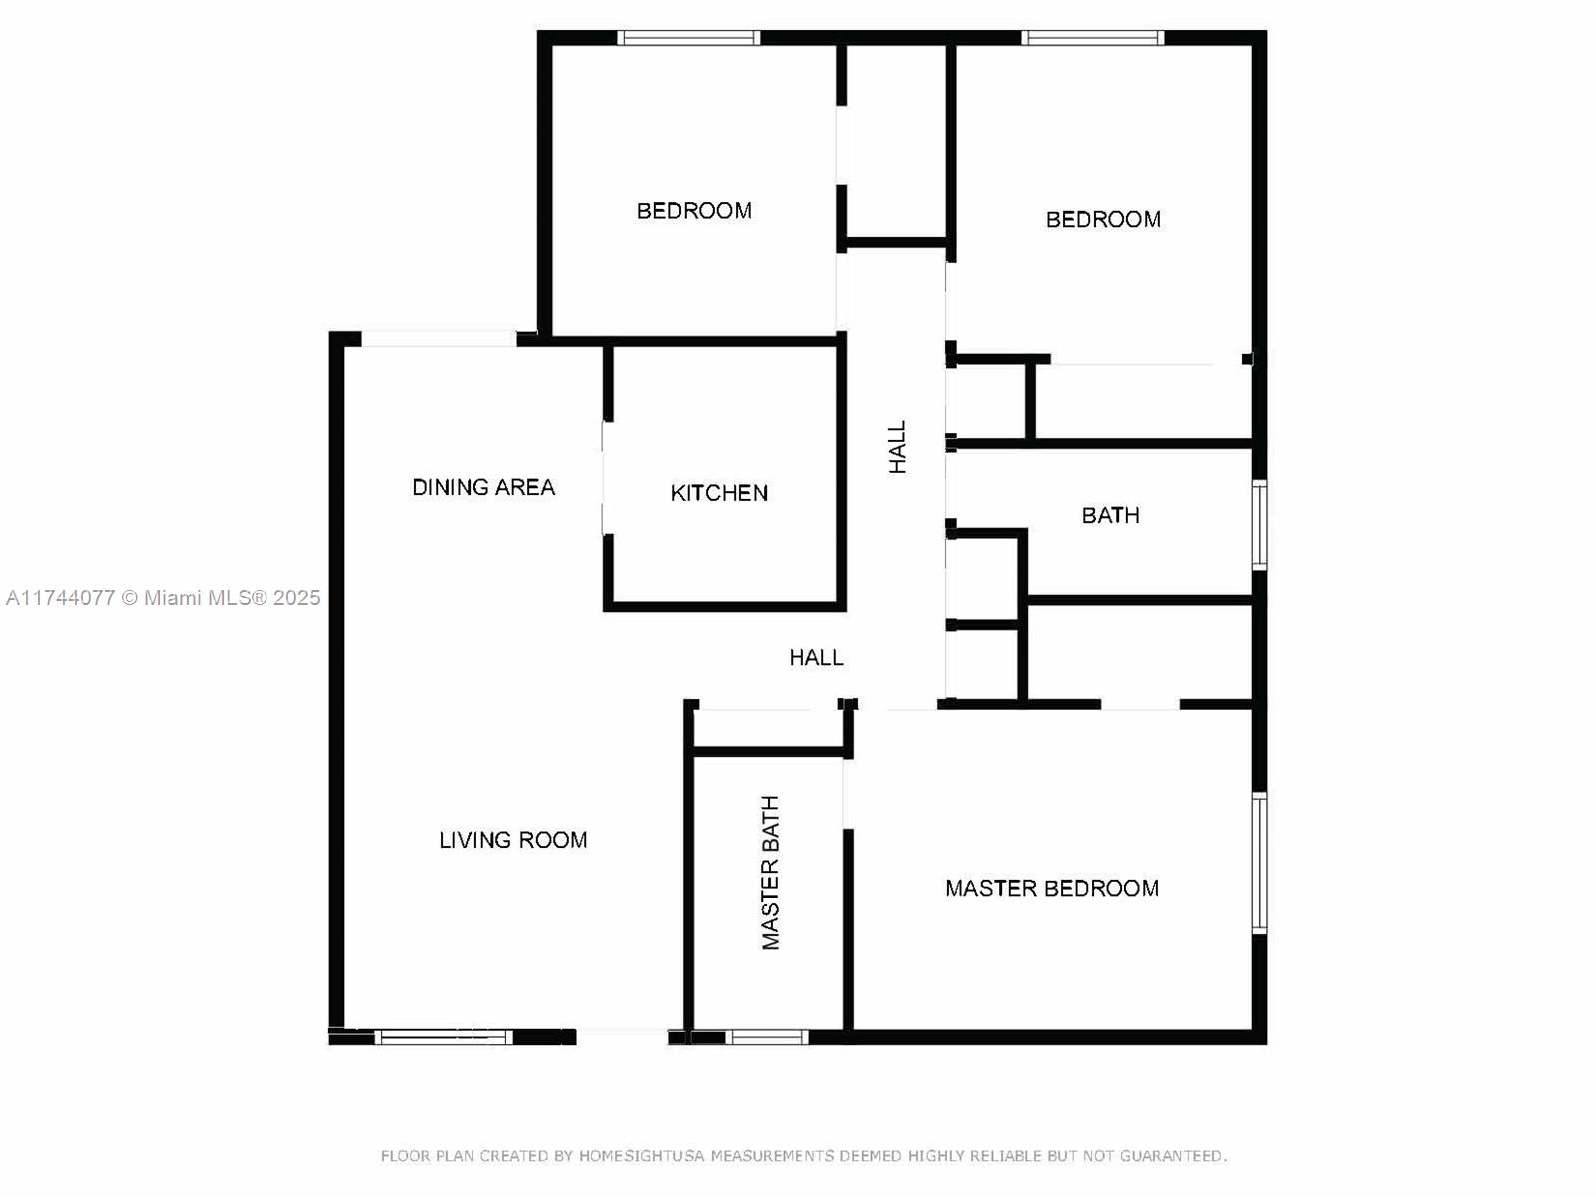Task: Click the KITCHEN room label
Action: (719, 492)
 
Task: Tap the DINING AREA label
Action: (483, 487)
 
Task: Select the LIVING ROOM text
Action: (513, 840)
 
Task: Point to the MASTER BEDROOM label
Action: (1052, 888)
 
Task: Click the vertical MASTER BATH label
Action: (770, 873)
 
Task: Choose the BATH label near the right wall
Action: (1110, 515)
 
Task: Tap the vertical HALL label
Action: (897, 447)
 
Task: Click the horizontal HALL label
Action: (816, 657)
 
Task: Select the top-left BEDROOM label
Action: (694, 211)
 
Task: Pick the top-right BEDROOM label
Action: (1103, 219)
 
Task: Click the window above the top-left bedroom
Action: (689, 38)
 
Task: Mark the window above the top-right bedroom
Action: (1093, 38)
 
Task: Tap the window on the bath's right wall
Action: (1260, 525)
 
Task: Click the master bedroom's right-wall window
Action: (1260, 863)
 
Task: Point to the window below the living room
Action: (443, 1038)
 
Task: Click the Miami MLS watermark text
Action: (164, 598)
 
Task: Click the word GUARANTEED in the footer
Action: (1172, 1156)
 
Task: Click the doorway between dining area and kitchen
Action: (605, 478)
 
